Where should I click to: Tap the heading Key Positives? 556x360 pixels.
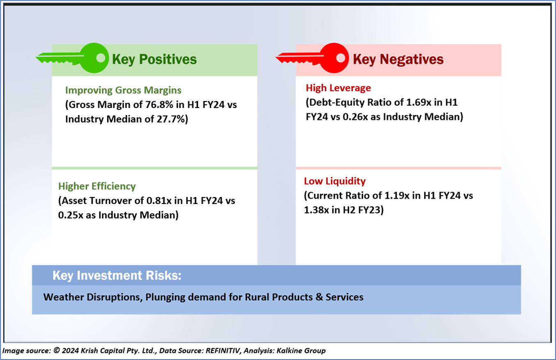pos(154,60)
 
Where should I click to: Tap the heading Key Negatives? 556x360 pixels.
pos(398,60)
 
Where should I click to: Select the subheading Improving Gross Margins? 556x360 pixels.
pos(123,90)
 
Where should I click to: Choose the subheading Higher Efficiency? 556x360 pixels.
pos(97,186)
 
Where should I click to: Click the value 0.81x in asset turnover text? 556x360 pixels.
pos(159,200)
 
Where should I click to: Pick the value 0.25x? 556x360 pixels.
pos(71,215)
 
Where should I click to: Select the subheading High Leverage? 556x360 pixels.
pos(338,88)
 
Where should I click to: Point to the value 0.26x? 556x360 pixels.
pos(355,117)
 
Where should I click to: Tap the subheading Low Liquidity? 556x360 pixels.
pos(335,181)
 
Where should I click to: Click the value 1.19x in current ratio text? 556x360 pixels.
pos(397,195)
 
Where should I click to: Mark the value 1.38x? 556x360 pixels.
pos(317,210)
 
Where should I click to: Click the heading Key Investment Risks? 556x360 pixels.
pos(117,275)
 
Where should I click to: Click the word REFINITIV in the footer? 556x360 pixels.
pos(223,351)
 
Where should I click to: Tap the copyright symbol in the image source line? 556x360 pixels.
pos(57,350)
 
